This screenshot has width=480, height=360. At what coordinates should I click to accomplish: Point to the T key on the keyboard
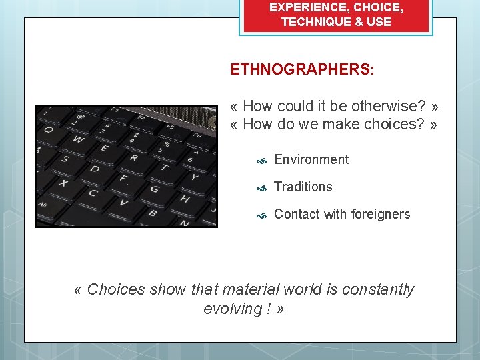click(163, 165)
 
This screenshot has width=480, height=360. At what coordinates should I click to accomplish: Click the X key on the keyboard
click(64, 182)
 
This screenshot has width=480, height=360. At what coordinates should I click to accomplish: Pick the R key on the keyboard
click(133, 158)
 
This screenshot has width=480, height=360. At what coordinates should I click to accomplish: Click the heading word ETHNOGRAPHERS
click(302, 69)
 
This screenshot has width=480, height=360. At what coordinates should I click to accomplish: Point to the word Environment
click(311, 159)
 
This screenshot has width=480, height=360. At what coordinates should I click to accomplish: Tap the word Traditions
click(303, 187)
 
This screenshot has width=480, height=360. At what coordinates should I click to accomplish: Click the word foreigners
click(377, 214)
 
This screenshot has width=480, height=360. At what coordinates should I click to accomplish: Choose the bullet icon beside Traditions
click(263, 188)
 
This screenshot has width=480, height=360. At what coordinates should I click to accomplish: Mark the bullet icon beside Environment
click(263, 161)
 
